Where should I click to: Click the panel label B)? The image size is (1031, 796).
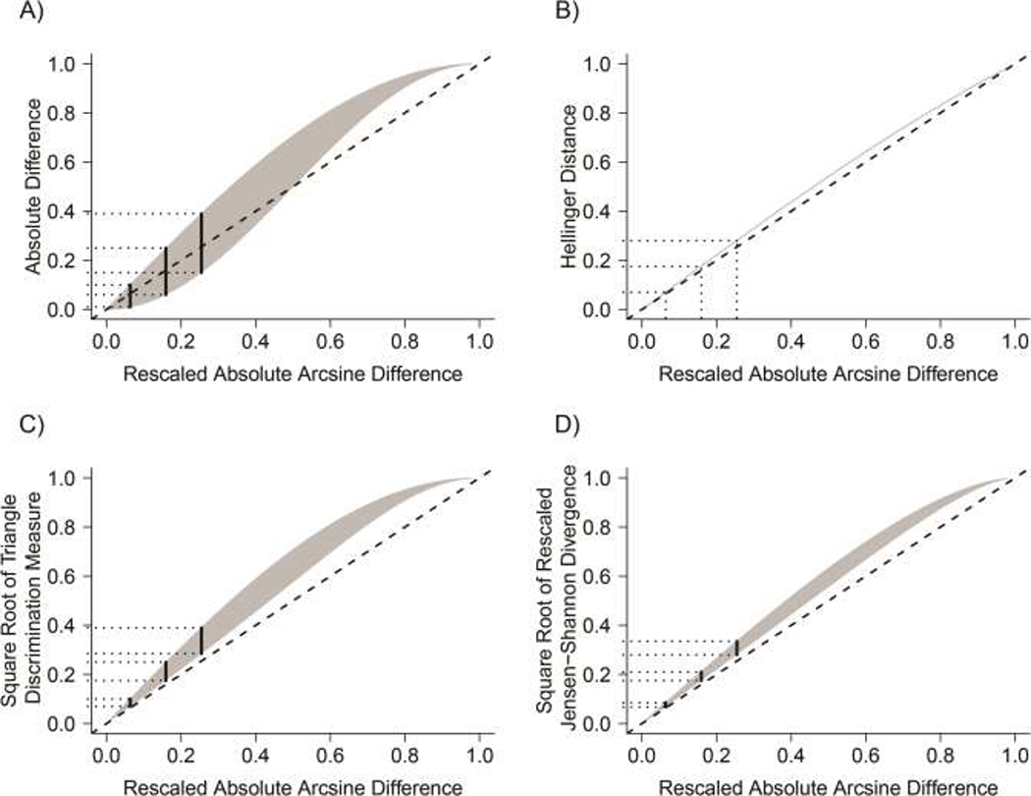pos(543,13)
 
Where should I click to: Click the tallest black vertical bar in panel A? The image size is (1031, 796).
pos(201,243)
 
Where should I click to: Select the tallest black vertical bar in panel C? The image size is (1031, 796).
pos(201,641)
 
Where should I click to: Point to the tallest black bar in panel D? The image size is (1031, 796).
pos(736,648)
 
